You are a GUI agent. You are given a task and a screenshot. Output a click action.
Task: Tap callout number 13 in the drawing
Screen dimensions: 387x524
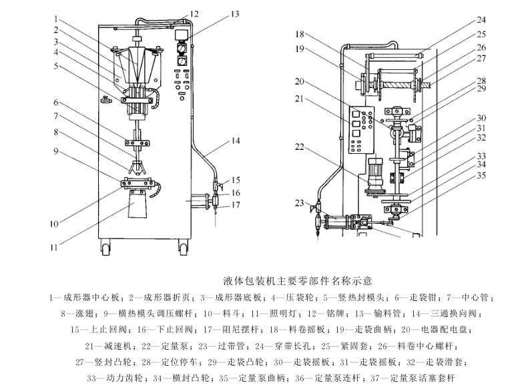pos(234,13)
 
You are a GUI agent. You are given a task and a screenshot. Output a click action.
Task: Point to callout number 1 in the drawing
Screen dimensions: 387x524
pos(57,19)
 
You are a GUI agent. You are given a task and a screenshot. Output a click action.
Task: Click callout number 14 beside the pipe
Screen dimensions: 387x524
pos(236,141)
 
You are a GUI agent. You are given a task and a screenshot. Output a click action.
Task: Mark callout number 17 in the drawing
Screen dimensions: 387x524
pos(236,205)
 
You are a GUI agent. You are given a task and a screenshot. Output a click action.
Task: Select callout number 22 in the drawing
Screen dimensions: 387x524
pos(300,147)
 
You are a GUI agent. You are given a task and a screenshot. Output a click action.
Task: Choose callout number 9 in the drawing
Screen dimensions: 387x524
pos(57,151)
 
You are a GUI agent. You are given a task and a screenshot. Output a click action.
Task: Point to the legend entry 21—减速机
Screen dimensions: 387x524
pos(109,346)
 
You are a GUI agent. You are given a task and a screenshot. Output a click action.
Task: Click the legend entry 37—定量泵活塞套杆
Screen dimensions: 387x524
pos(409,378)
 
